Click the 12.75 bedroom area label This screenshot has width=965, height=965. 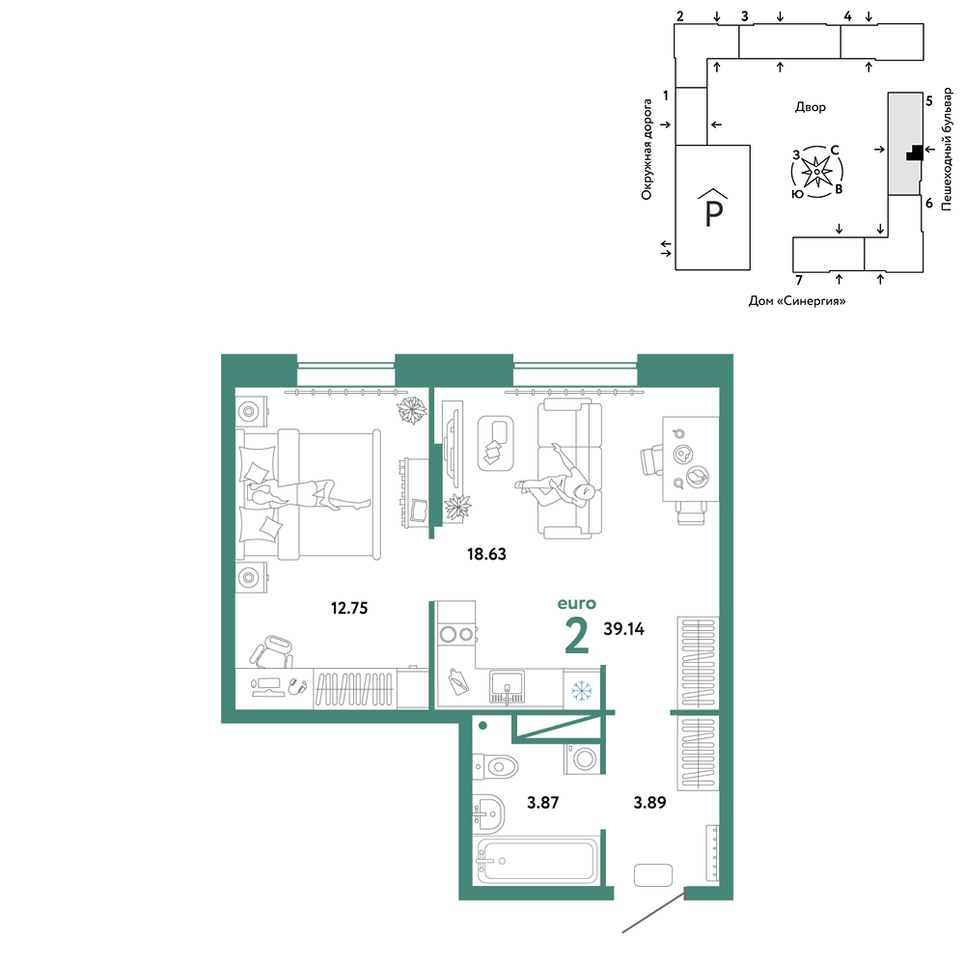tap(349, 608)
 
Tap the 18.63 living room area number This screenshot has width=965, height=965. tap(486, 554)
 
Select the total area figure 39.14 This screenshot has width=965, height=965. tap(623, 628)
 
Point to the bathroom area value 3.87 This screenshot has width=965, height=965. tap(542, 802)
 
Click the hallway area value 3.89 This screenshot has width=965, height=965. tap(649, 802)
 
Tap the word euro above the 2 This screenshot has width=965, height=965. tap(577, 604)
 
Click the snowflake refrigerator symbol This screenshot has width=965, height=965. tap(581, 690)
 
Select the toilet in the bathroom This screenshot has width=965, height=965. tap(495, 767)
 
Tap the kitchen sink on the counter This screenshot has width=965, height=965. tap(508, 687)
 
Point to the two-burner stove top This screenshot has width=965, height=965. tap(456, 634)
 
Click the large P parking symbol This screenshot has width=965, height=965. tap(713, 207)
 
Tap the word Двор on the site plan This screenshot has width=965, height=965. tap(810, 107)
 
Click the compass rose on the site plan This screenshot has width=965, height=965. tap(816, 172)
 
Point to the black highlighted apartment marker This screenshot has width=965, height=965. tap(915, 152)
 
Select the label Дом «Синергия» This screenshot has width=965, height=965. tap(797, 301)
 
